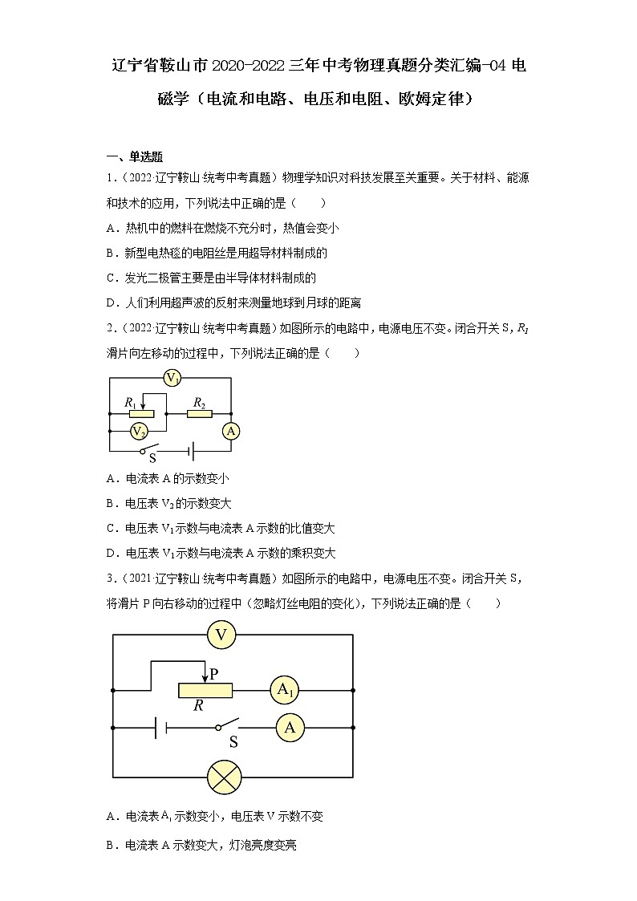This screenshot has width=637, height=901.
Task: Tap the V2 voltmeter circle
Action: (139, 432)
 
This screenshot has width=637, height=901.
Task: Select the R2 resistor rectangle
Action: (199, 412)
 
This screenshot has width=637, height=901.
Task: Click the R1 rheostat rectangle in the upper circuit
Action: (141, 412)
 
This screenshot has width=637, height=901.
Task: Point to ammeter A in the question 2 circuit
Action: (231, 432)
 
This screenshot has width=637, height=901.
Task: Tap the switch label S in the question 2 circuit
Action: (152, 458)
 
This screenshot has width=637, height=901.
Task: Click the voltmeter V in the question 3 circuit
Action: (221, 635)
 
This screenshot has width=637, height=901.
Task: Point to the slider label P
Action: (213, 675)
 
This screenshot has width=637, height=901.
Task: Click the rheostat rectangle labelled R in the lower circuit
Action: (205, 689)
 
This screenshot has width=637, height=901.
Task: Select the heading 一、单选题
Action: (135, 156)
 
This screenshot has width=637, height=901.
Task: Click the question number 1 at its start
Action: (109, 177)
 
